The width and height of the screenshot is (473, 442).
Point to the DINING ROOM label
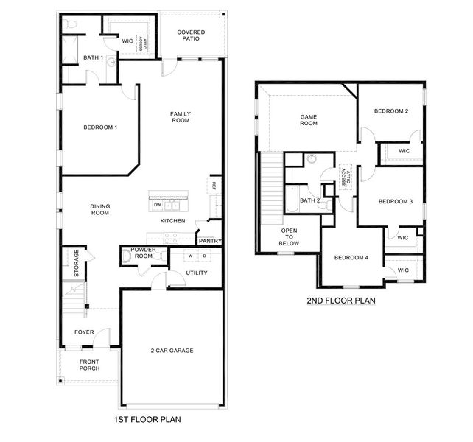[99, 210]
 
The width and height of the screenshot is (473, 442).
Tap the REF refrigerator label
[214, 186]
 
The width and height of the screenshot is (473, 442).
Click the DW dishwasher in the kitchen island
[157, 205]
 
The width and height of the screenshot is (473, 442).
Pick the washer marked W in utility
[189, 256]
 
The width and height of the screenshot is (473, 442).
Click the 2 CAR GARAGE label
[172, 351]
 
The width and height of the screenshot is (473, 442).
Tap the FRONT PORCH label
[89, 365]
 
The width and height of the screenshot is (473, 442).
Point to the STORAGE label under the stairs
[76, 264]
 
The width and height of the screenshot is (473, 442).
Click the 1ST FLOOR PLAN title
[147, 419]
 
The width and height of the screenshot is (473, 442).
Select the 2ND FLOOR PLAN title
[341, 301]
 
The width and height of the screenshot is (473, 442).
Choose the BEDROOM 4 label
[351, 257]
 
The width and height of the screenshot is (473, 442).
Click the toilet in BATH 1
[70, 26]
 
